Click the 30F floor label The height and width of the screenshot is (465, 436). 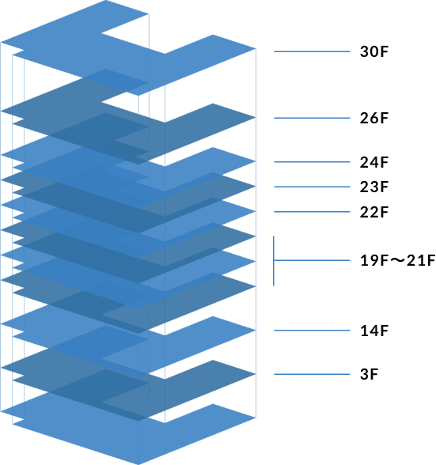[x=374, y=51]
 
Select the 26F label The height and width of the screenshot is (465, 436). [x=374, y=118]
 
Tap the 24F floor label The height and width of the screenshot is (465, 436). [x=374, y=162]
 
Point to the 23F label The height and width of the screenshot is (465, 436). [x=374, y=187]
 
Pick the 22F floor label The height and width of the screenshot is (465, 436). [x=374, y=212]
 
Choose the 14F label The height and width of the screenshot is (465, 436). [x=374, y=331]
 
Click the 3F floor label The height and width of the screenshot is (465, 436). [x=369, y=374]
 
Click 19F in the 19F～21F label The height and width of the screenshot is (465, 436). [x=374, y=260]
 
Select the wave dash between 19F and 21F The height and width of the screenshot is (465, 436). [x=397, y=260]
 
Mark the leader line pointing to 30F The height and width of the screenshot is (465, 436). [x=312, y=51]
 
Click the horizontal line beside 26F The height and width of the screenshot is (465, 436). [x=312, y=118]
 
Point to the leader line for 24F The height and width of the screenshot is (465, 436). [x=312, y=162]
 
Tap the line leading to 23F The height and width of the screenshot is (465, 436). [x=312, y=187]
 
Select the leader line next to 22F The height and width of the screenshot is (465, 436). [x=312, y=212]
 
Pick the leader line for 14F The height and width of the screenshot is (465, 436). [x=312, y=331]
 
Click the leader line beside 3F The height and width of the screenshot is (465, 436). [x=312, y=374]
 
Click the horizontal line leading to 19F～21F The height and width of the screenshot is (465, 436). [x=312, y=260]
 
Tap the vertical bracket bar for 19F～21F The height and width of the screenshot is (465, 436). [x=274, y=261]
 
